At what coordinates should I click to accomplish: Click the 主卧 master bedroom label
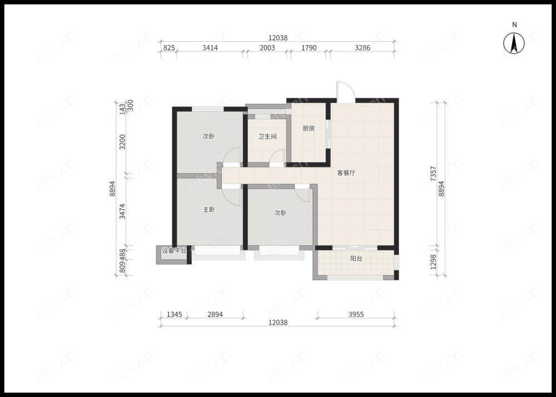pos(209,210)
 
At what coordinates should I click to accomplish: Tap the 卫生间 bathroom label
pos(267,136)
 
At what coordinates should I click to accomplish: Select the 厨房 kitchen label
pos(309,128)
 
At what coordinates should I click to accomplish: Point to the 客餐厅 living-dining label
pos(346,173)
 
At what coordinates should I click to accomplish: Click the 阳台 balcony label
pos(356,259)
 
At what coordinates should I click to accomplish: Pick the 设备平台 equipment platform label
pos(174,251)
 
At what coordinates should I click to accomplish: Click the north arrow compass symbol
pos(514,43)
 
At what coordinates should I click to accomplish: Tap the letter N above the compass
pos(514,25)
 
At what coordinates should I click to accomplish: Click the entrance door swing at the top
pos(345,91)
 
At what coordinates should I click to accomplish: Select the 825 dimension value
pos(168,47)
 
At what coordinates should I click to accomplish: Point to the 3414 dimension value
pos(210,47)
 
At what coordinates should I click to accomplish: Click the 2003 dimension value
pos(267,47)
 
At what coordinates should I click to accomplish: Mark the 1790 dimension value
pos(309,47)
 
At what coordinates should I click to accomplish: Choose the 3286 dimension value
pos(363,47)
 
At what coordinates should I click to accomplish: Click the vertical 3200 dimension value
pos(122,142)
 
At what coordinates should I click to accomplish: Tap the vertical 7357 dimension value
pos(433,174)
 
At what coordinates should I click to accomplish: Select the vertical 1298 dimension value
pos(433,262)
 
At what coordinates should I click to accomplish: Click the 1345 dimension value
pos(174,314)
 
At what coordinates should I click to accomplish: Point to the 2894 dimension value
pos(215,314)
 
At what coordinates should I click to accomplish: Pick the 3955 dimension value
pos(356,314)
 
